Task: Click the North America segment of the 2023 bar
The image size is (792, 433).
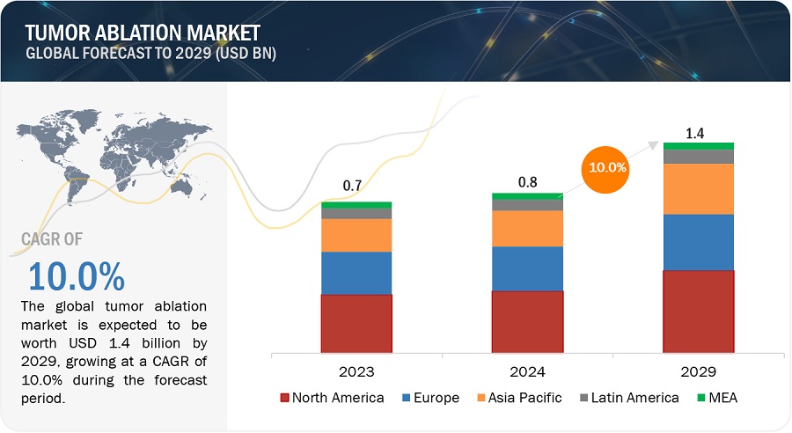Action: coord(356,323)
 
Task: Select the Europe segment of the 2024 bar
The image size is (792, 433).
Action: coord(527,268)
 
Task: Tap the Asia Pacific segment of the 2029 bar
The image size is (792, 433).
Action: coord(698,188)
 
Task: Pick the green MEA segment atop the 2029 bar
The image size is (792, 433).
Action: coord(698,146)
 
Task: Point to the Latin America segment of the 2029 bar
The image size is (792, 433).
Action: coord(698,157)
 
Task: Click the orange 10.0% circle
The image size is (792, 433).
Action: coord(607,166)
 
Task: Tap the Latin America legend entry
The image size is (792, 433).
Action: coord(627,398)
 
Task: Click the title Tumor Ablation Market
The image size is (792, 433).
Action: coord(143,33)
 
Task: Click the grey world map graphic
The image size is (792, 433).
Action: coord(106,158)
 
